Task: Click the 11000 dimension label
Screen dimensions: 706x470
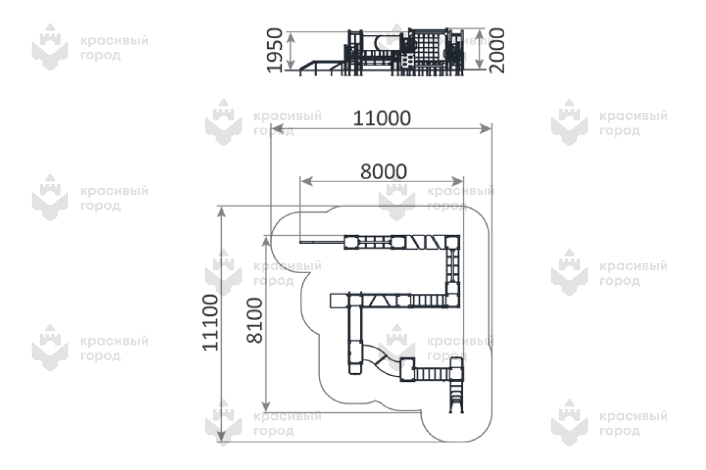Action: point(382,118)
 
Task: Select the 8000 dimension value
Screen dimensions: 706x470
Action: point(384,172)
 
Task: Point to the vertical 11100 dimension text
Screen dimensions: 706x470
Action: point(210,323)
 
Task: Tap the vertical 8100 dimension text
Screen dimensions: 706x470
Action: point(254,320)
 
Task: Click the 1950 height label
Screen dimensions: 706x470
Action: point(275,51)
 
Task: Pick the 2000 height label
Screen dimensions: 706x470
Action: point(497,51)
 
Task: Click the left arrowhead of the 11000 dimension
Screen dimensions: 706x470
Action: point(277,129)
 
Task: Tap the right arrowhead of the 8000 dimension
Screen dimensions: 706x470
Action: point(457,182)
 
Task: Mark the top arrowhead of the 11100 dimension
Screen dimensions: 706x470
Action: point(222,212)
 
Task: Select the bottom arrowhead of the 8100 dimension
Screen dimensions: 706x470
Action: point(267,406)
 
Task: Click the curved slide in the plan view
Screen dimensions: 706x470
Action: point(381,360)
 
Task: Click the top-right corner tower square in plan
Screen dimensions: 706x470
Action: point(452,243)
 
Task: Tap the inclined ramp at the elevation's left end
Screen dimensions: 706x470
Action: point(321,68)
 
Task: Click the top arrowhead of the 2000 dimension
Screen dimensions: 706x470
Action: point(479,35)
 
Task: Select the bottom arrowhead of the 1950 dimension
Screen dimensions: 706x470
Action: point(291,64)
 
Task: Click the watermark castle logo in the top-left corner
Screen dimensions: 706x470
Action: point(50,46)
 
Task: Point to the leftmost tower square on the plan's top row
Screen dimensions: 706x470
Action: point(351,243)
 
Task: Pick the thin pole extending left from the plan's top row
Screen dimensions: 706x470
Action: point(322,242)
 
